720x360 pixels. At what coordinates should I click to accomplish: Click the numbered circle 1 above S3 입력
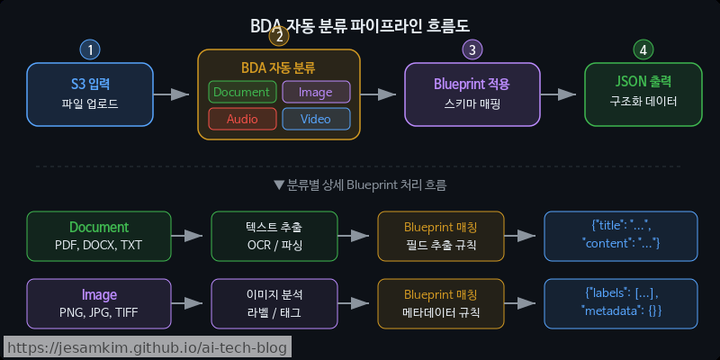tap(90, 49)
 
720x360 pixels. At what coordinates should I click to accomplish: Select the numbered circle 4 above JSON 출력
tap(643, 49)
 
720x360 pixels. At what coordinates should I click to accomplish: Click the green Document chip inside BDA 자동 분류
tap(241, 92)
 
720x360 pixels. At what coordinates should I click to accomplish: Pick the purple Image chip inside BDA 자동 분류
tap(316, 92)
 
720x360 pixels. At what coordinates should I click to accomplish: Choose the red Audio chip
tap(241, 119)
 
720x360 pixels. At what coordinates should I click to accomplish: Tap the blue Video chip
tap(316, 119)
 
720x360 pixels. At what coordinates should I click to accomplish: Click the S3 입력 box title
tap(90, 84)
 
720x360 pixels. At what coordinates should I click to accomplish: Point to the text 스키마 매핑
tap(472, 104)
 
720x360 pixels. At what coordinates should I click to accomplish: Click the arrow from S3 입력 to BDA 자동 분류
tap(170, 94)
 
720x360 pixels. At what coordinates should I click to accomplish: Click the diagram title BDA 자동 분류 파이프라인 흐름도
tap(360, 25)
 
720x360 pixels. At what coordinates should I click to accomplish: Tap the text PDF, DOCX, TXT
tap(99, 246)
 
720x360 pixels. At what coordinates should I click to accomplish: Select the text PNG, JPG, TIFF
tap(99, 312)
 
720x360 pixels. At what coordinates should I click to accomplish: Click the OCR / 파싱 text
tap(274, 246)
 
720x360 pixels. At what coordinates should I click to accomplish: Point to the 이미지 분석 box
tap(274, 303)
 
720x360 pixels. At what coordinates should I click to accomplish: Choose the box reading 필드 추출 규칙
tap(441, 237)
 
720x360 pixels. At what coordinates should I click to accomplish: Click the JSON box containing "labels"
tap(621, 303)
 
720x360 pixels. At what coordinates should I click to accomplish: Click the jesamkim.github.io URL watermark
tap(146, 347)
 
